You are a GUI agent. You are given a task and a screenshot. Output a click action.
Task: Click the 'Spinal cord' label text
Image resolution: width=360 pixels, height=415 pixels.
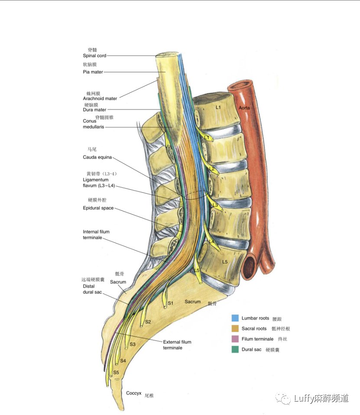(94, 56)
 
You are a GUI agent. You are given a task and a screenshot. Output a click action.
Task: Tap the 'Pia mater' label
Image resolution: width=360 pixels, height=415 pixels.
(93, 72)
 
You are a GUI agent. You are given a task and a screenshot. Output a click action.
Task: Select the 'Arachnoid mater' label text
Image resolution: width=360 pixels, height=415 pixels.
(100, 99)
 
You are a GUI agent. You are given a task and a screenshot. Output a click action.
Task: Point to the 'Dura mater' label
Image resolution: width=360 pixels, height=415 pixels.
(94, 110)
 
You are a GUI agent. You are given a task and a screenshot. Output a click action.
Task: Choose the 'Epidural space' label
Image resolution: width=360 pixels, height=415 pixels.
(98, 208)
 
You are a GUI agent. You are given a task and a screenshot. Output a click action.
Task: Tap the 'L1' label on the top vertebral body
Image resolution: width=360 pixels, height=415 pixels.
(218, 107)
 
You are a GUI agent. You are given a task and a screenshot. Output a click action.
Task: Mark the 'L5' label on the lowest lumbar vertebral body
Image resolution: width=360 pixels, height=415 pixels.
(225, 262)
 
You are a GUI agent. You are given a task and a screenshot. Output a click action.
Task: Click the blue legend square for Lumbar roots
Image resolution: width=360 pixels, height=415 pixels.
(235, 318)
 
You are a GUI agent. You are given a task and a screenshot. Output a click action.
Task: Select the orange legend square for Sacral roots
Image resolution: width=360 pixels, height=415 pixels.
(235, 329)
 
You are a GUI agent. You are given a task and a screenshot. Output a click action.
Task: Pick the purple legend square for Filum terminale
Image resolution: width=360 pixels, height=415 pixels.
(235, 339)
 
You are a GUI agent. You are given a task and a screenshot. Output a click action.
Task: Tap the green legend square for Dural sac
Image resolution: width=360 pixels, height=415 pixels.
(235, 349)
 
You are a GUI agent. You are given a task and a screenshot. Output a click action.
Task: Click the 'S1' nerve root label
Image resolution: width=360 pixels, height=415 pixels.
(170, 303)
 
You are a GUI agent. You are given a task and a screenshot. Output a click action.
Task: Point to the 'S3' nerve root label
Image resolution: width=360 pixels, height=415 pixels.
(133, 344)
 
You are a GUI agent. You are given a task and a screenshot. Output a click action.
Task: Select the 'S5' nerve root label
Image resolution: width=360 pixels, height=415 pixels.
(116, 373)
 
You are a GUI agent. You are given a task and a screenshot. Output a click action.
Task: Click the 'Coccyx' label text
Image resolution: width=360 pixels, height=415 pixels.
(134, 393)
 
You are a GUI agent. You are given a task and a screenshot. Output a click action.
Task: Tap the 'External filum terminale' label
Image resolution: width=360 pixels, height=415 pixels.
(177, 345)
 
